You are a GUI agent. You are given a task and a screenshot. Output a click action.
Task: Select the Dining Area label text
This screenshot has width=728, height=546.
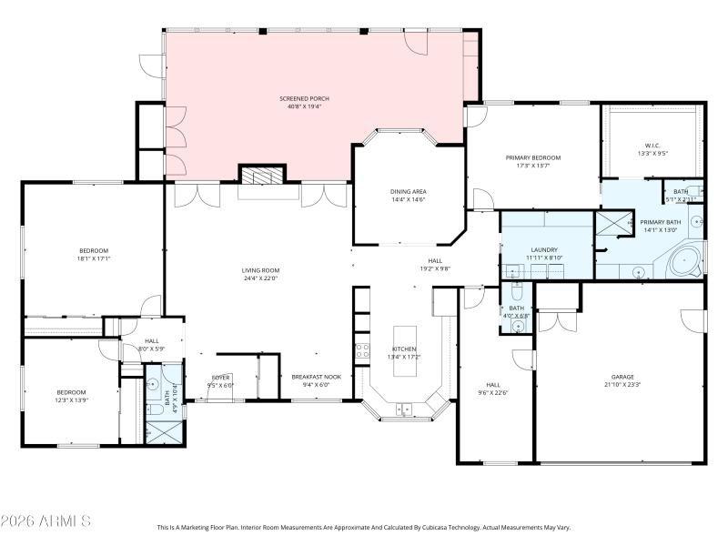[408, 191]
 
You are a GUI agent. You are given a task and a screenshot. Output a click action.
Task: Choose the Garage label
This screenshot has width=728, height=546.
[622, 377]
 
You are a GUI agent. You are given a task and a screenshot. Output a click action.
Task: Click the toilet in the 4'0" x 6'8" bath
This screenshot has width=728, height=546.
[515, 293]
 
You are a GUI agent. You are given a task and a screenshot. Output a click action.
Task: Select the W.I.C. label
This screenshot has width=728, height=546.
[652, 145]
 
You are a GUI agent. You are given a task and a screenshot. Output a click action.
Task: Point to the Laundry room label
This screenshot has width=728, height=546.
[543, 249]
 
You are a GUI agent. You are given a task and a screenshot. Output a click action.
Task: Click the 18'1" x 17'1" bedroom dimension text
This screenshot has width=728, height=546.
[93, 258]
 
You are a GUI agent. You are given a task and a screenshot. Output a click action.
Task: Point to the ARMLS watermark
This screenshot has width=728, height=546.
[45, 521]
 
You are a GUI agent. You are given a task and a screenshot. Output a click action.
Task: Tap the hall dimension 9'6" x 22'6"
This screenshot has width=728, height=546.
[493, 392]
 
